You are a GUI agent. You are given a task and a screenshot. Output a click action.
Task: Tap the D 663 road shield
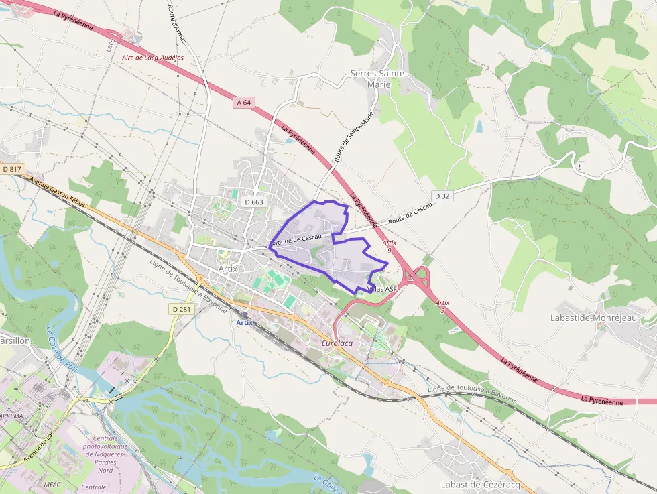tap(254, 202)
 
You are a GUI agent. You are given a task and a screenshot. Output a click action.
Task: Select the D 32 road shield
tap(442, 196)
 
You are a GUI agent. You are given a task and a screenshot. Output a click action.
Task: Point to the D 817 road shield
tap(12, 170)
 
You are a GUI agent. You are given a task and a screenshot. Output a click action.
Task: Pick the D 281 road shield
tap(181, 309)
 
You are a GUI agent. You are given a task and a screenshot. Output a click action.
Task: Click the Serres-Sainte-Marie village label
tap(378, 78)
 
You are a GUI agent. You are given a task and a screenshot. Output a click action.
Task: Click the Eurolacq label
tap(337, 343)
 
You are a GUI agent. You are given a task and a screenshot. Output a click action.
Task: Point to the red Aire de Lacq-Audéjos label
tap(153, 58)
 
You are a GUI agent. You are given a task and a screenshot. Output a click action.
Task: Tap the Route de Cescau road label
tap(410, 212)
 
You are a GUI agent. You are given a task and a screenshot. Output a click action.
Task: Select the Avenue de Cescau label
tap(296, 238)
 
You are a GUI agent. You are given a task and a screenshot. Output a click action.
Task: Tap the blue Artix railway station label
tap(245, 322)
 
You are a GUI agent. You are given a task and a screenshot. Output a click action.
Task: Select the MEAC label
tap(52, 483)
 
